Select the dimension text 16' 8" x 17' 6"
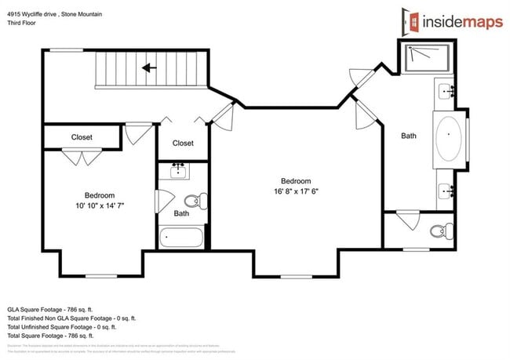pos(296,186)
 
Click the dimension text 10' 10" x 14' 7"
pos(100,201)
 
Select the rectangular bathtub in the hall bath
pos(180,237)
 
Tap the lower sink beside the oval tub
pos(448,189)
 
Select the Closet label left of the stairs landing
pos(82,137)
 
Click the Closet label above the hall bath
pos(183,143)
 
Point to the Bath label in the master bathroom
pos(409,136)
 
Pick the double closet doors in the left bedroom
pos(78,156)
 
